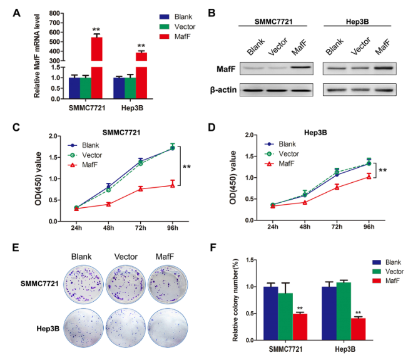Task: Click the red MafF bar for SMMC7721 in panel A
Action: pyautogui.click(x=96, y=68)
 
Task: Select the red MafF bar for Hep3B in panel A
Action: pyautogui.click(x=141, y=75)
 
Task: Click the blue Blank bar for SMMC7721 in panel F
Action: pyautogui.click(x=270, y=309)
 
